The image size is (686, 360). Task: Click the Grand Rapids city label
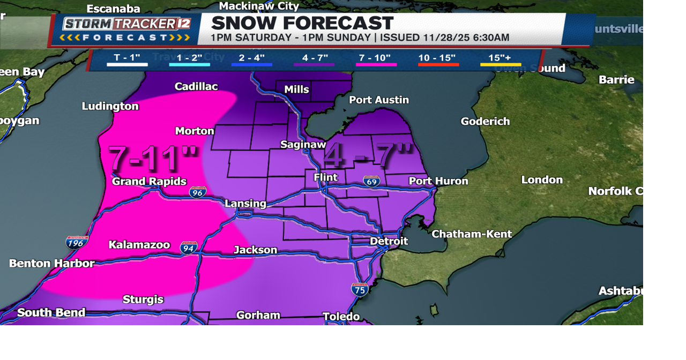[x=149, y=182]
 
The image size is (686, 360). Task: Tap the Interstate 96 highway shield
[x=197, y=192]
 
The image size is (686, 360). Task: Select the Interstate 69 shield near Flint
[x=371, y=181]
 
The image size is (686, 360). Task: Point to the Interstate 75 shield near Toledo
[x=360, y=289]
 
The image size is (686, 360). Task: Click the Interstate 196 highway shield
[x=77, y=242]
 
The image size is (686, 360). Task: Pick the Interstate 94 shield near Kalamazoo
[x=189, y=247]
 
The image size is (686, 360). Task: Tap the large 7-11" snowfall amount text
[x=153, y=158]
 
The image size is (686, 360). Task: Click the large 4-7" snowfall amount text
[x=369, y=156]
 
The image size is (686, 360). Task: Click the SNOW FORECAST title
[x=302, y=23]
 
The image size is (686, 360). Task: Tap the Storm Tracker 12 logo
[x=126, y=29]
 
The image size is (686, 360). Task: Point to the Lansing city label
[x=245, y=204]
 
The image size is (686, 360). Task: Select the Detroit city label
[x=389, y=241]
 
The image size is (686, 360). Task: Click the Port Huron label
[x=438, y=181]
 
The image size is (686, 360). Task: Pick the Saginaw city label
[x=303, y=145]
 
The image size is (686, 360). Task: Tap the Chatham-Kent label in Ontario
[x=472, y=234]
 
